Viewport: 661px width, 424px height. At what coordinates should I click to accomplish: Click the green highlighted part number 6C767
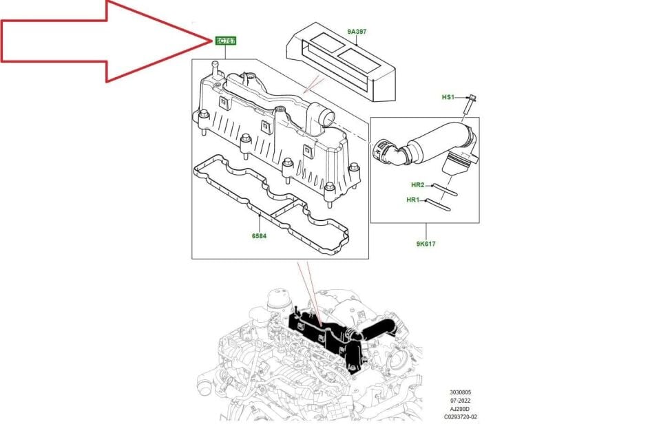coord(227,41)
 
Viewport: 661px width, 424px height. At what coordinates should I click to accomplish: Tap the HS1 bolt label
coord(448,98)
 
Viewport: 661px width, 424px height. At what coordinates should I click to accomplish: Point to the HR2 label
coord(418,185)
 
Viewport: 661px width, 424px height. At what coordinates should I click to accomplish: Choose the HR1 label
coord(413,200)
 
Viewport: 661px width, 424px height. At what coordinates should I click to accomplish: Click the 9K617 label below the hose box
coord(426,243)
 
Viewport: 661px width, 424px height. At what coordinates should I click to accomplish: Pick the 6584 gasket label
coord(259,236)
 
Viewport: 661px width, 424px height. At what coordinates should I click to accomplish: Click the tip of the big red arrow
coord(210,41)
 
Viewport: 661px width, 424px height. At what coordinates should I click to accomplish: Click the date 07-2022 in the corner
coord(461,401)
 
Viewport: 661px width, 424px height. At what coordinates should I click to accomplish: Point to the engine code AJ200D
coord(460,409)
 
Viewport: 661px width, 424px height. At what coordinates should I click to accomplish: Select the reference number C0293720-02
coord(461,417)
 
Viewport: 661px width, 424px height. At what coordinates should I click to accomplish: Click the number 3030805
coord(461,393)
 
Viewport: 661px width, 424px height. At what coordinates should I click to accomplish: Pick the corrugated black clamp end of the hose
coord(384,151)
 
